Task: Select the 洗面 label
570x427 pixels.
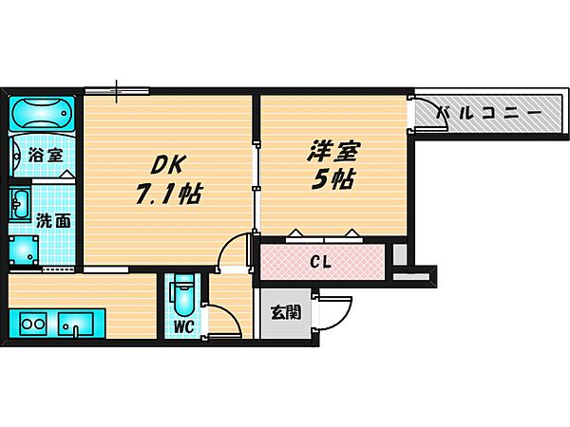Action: tap(51, 221)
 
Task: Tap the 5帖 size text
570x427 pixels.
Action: tap(332, 180)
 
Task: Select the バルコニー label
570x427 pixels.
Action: tap(488, 114)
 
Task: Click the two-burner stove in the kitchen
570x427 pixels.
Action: tap(32, 325)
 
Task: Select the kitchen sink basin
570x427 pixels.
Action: tap(74, 324)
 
